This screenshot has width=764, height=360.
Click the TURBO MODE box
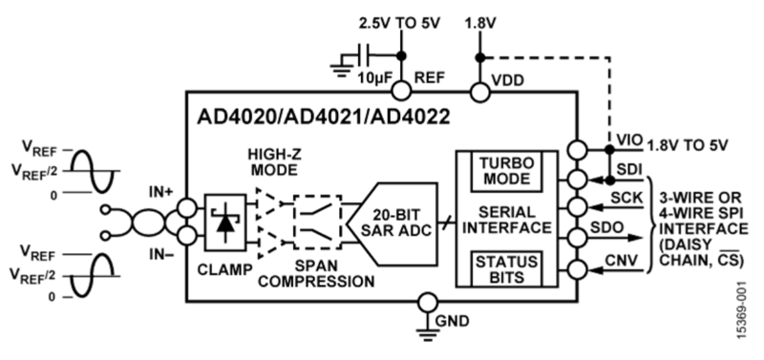504,172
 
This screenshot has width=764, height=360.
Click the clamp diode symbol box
225,220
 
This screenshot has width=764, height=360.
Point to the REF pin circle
402,92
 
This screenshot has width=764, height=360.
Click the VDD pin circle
477,92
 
